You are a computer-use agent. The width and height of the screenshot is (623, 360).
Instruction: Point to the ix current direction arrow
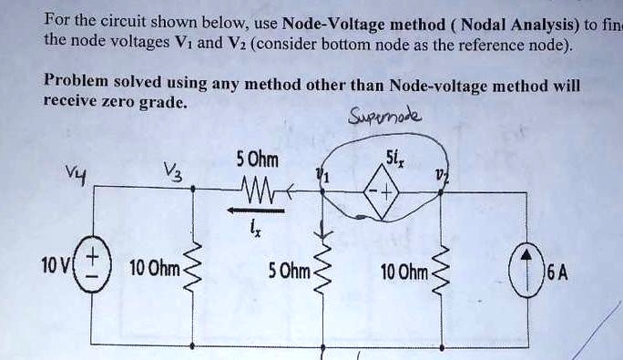pyautogui.click(x=255, y=209)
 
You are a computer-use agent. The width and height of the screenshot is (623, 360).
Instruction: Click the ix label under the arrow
pyautogui.click(x=256, y=229)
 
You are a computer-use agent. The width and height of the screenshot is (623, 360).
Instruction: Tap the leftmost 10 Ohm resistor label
pyautogui.click(x=155, y=269)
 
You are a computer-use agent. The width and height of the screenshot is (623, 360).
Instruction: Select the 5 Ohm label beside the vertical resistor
pyautogui.click(x=289, y=269)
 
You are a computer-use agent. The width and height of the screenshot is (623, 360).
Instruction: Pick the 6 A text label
pyautogui.click(x=557, y=269)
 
